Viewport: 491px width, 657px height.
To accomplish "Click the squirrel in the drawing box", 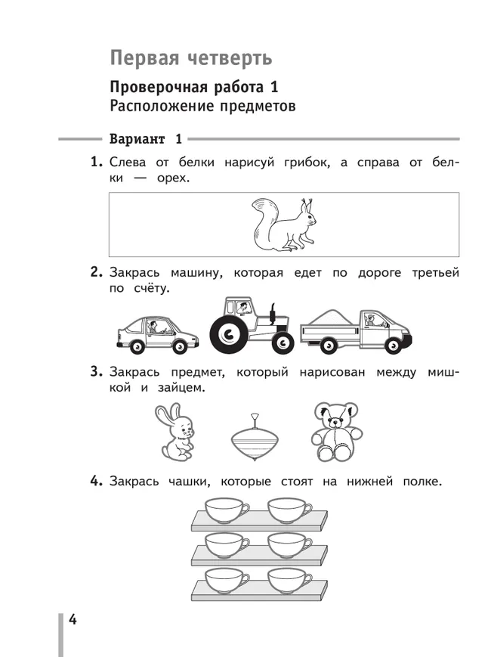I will [x=283, y=225].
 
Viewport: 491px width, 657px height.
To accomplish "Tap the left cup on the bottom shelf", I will [x=227, y=579].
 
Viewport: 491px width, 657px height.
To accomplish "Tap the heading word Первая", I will [x=144, y=58].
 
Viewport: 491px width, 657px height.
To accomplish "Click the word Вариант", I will [x=137, y=139].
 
